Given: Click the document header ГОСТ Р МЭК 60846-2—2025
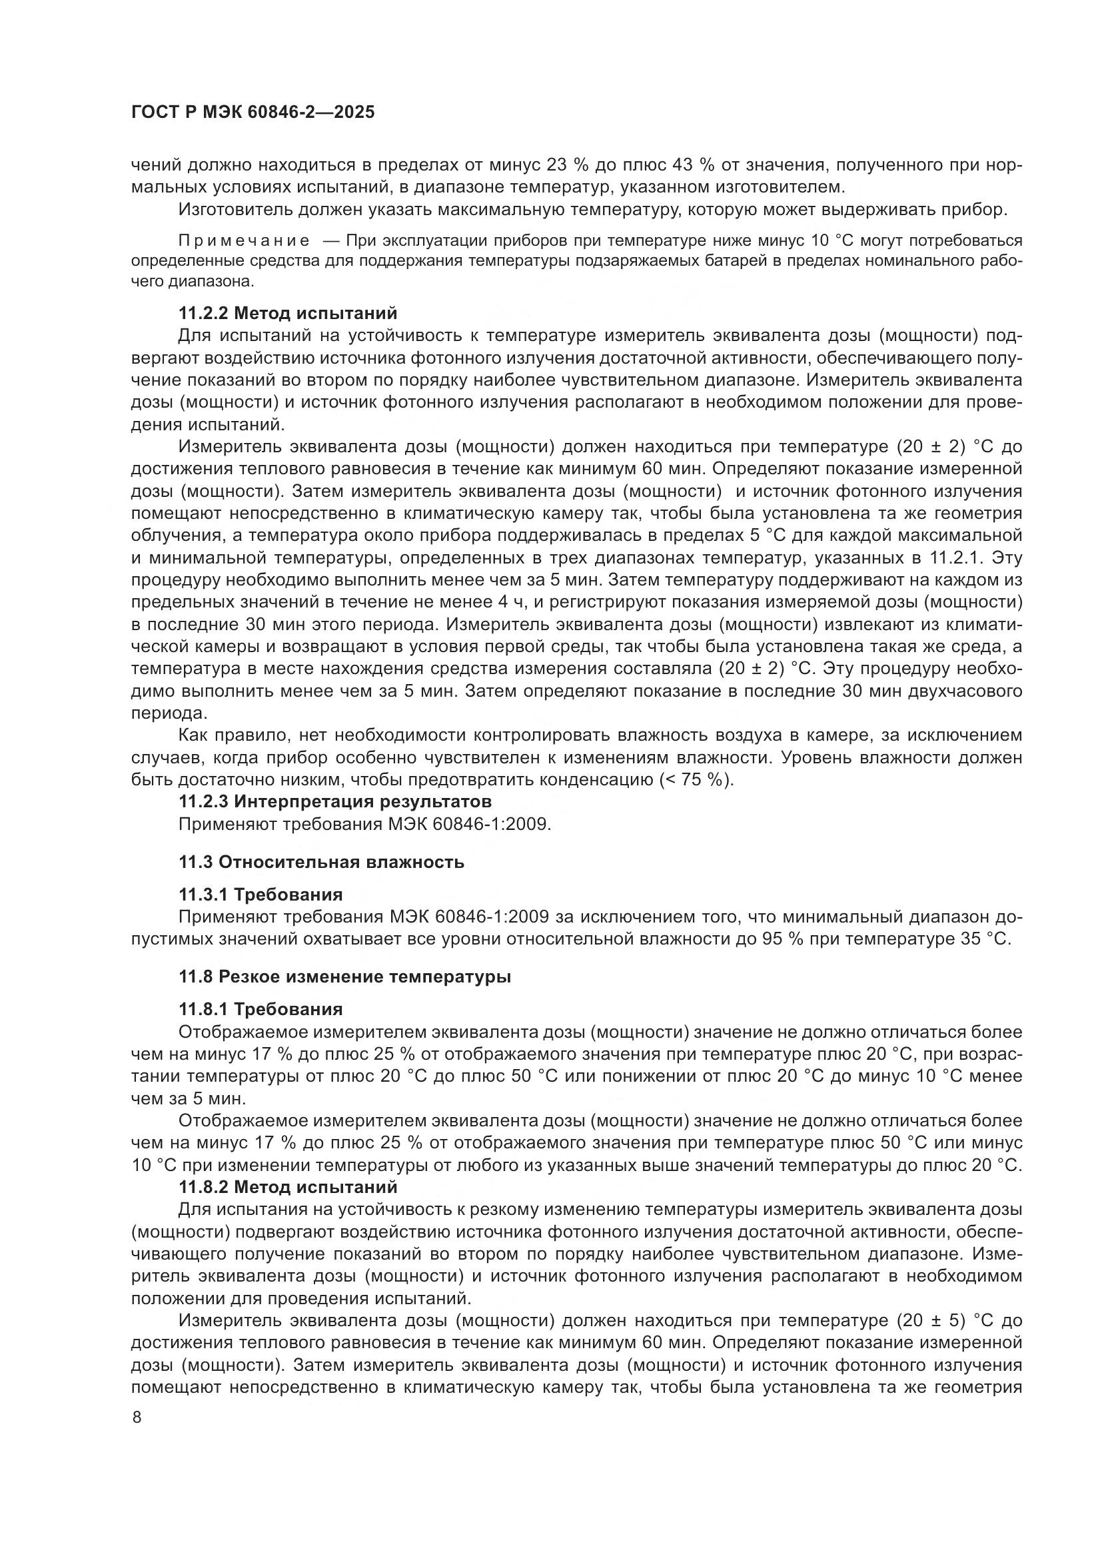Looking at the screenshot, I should coord(253,113).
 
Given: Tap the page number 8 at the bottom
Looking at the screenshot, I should coord(137,1417).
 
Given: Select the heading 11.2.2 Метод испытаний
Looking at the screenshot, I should coord(288,314).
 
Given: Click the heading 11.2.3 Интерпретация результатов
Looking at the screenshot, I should coord(334,801).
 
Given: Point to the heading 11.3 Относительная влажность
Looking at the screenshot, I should coord(321,863).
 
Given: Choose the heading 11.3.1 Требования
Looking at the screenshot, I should coord(261,895).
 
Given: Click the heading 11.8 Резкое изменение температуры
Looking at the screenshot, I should coord(344,977).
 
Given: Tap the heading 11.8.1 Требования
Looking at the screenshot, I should coord(261,1009).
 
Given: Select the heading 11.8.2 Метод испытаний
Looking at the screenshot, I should coord(288,1188).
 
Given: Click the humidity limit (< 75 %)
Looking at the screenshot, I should coord(696,780).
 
